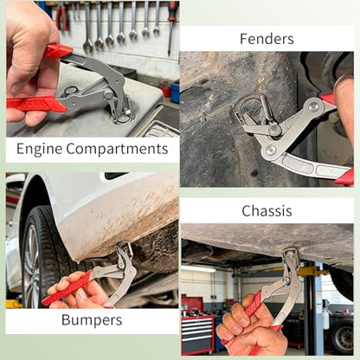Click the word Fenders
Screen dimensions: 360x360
267,39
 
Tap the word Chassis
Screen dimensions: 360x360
267,211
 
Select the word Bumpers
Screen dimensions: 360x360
92,320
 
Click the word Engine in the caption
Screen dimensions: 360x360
39,149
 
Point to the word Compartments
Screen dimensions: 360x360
117,149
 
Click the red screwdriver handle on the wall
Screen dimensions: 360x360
172,11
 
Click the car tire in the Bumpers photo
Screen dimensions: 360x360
41,257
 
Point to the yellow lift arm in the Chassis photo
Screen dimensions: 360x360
313,272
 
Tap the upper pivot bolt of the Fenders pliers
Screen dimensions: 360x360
314,106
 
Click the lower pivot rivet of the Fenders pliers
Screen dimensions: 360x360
271,150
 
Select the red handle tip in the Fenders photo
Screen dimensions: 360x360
345,177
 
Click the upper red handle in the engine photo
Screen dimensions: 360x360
58,51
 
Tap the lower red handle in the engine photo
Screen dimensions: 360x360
36,104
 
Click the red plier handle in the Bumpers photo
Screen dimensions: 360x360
67,288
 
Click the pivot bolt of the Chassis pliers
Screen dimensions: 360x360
286,280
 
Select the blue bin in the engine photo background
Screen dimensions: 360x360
175,93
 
